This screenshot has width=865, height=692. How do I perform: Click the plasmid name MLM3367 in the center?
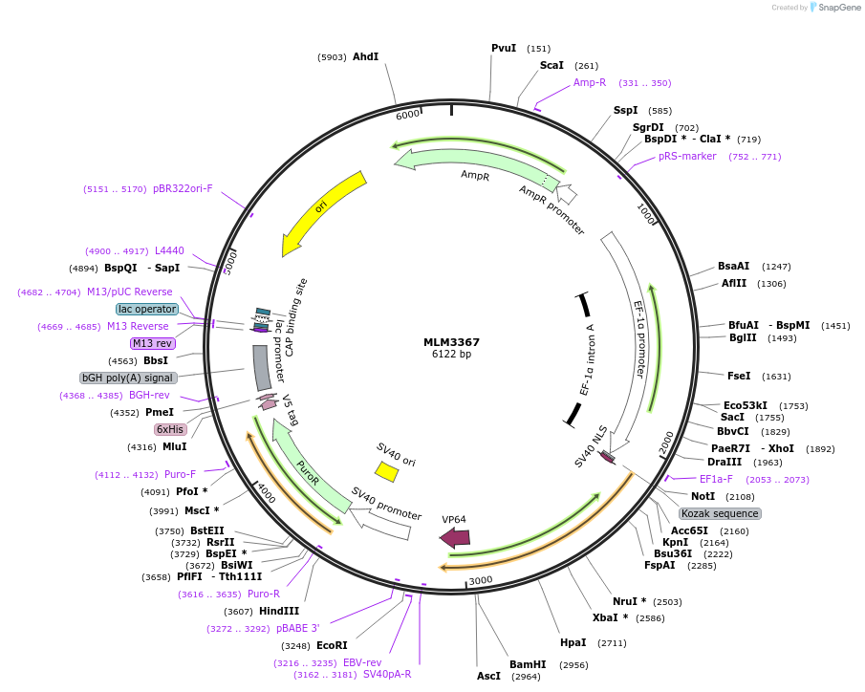[x=451, y=341]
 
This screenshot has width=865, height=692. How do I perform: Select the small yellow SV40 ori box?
[x=386, y=471]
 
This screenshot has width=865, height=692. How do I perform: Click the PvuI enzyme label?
[x=504, y=48]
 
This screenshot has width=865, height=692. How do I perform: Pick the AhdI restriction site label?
[x=366, y=56]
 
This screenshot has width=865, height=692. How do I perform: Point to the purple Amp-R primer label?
[x=590, y=82]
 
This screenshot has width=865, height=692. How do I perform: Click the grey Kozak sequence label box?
[x=721, y=513]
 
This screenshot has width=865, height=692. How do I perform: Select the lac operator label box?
[x=147, y=309]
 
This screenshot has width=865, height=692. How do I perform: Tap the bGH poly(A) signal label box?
[x=128, y=378]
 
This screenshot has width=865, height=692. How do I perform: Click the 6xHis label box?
[x=169, y=429]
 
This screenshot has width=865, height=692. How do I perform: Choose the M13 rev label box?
[x=153, y=343]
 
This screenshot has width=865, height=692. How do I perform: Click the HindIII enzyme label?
[x=279, y=611]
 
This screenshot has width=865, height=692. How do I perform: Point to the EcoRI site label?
[x=332, y=646]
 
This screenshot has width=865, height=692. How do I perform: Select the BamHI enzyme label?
[x=528, y=664]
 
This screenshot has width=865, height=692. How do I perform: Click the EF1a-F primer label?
[x=716, y=479]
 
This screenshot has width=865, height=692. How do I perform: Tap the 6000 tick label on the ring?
[x=408, y=115]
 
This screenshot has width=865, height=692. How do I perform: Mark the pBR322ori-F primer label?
[x=183, y=188]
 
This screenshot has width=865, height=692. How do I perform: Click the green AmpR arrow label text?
[x=475, y=175]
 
